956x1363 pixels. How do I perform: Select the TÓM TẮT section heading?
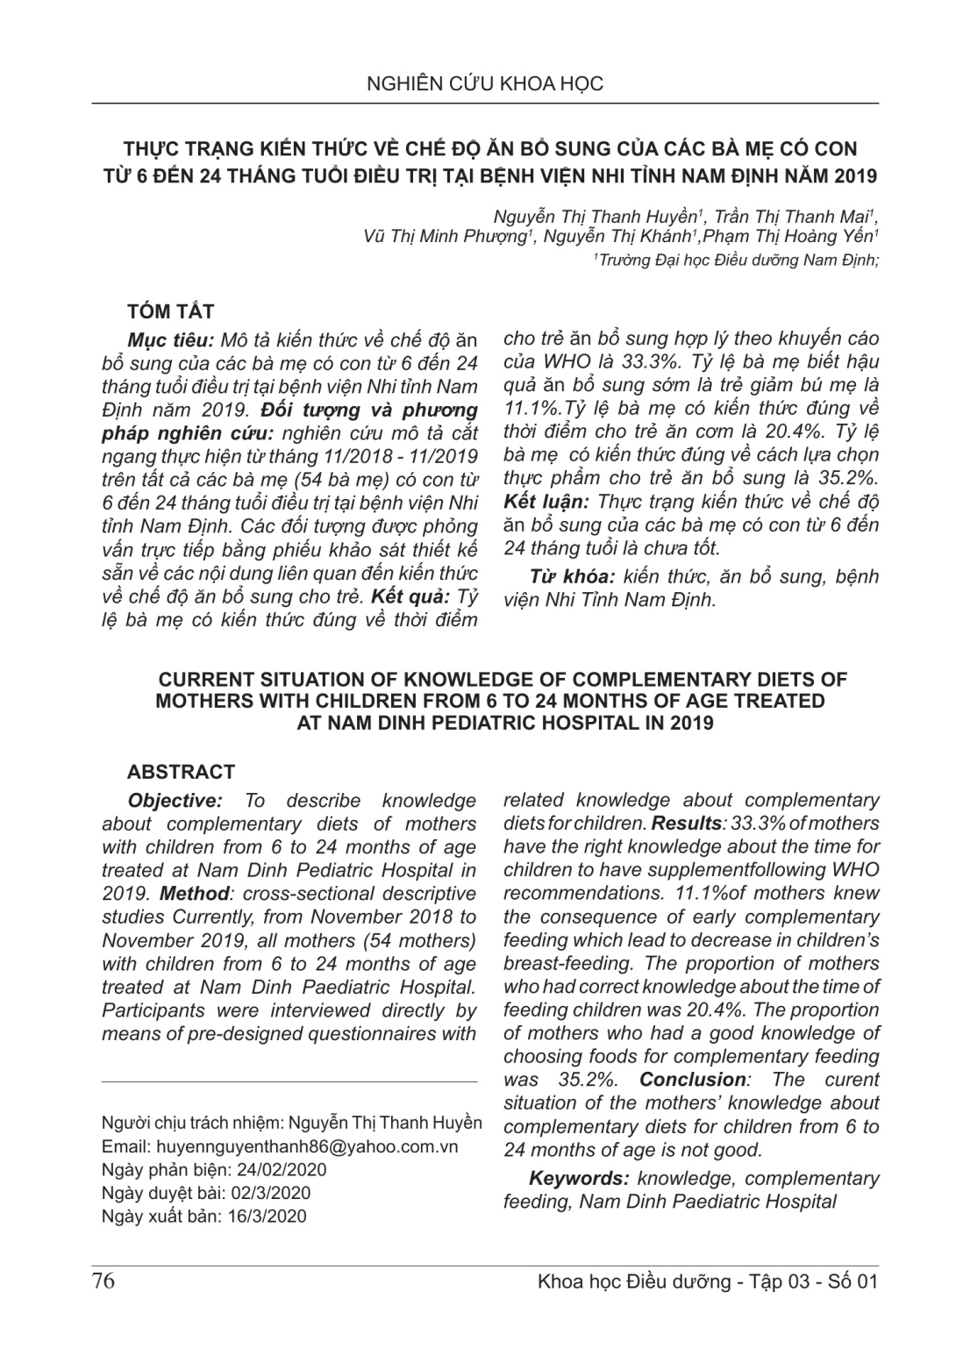coord(170,311)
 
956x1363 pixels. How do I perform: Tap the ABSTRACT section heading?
coord(181,772)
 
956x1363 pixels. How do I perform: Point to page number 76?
coord(103,1281)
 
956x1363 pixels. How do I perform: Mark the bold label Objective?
coord(173,801)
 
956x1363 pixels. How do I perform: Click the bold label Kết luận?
coord(546,502)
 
